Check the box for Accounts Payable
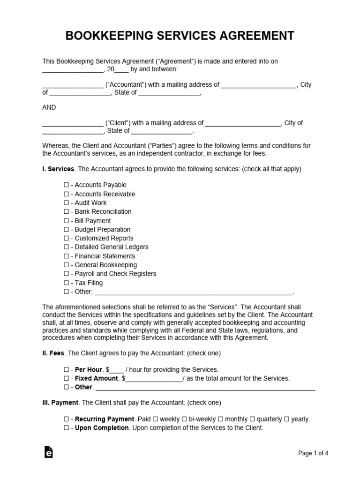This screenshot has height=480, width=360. [66, 185]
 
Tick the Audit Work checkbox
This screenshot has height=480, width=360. [66, 203]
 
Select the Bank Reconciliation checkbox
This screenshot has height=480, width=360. [66, 212]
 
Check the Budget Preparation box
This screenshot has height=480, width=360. [66, 230]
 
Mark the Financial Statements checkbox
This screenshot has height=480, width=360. [66, 256]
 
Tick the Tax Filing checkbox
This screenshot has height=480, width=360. [66, 283]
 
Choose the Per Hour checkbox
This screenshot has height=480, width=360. [66, 370]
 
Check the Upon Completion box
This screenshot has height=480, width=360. [66, 428]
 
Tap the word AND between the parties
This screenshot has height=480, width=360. [49, 107]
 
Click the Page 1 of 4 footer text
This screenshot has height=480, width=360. [313, 453]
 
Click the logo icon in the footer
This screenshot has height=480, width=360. [48, 452]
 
